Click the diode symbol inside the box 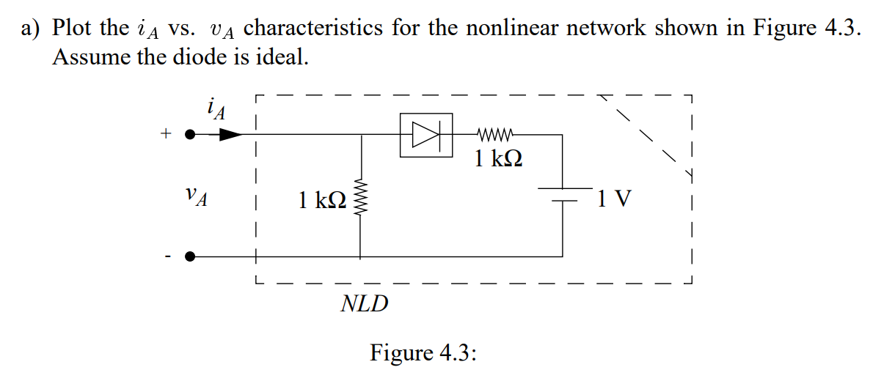(425, 135)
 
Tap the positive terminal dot (190, 135)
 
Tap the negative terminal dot (190, 256)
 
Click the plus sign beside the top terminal (166, 134)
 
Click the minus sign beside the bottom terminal (167, 256)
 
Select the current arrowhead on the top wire (230, 135)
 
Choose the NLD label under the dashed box (365, 303)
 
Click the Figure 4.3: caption (423, 352)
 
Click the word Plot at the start (73, 29)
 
